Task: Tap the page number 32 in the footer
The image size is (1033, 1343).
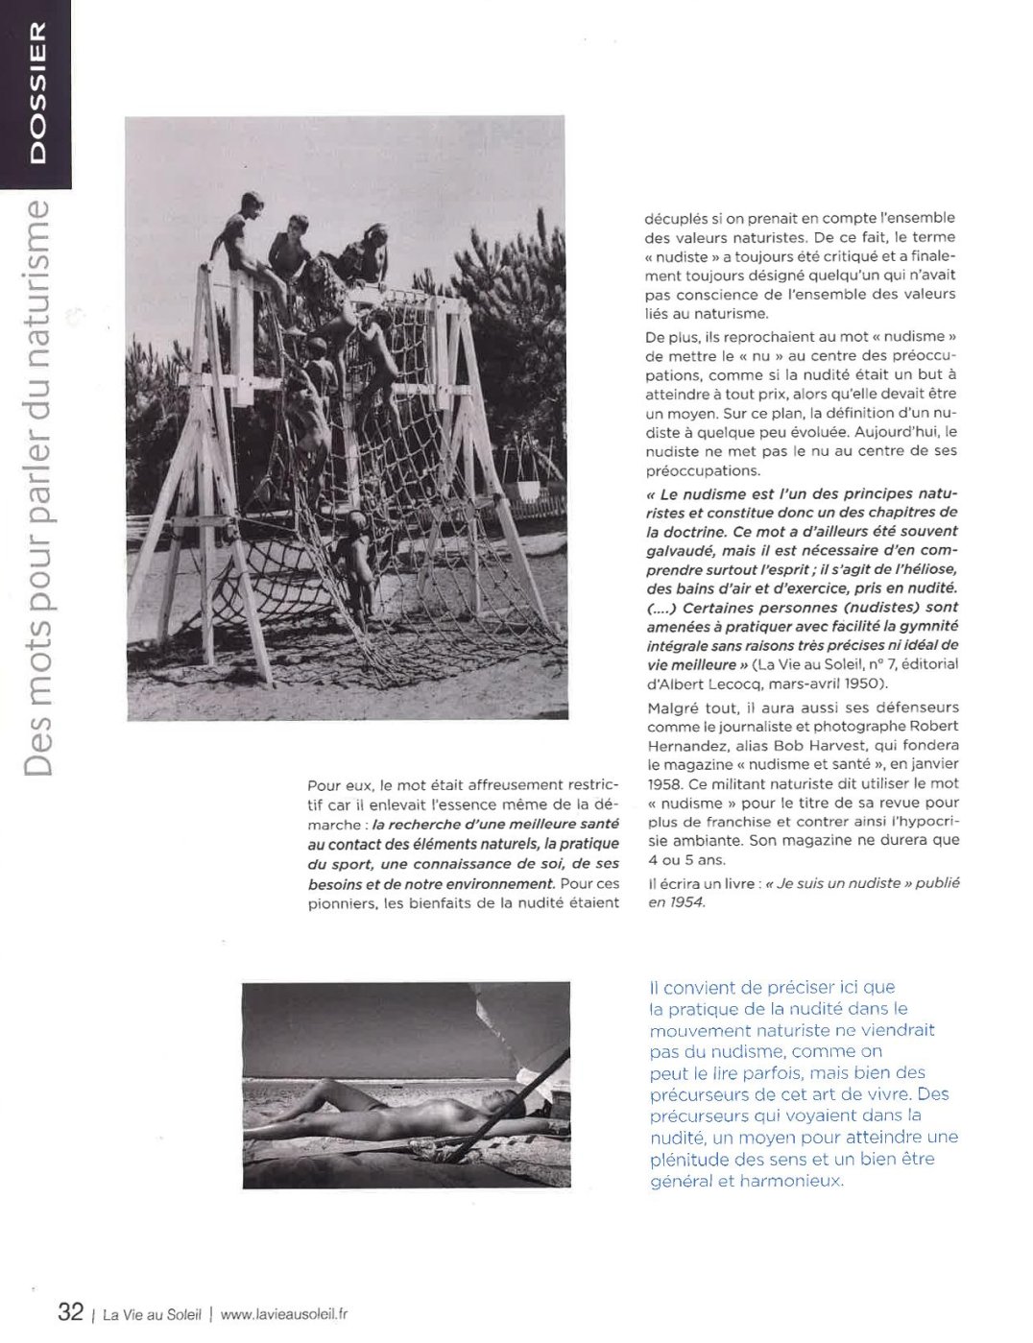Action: pos(70,1311)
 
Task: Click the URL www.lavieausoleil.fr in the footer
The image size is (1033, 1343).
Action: pos(283,1313)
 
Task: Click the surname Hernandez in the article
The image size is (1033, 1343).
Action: pos(685,745)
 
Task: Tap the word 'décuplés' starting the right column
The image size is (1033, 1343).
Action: pos(676,218)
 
